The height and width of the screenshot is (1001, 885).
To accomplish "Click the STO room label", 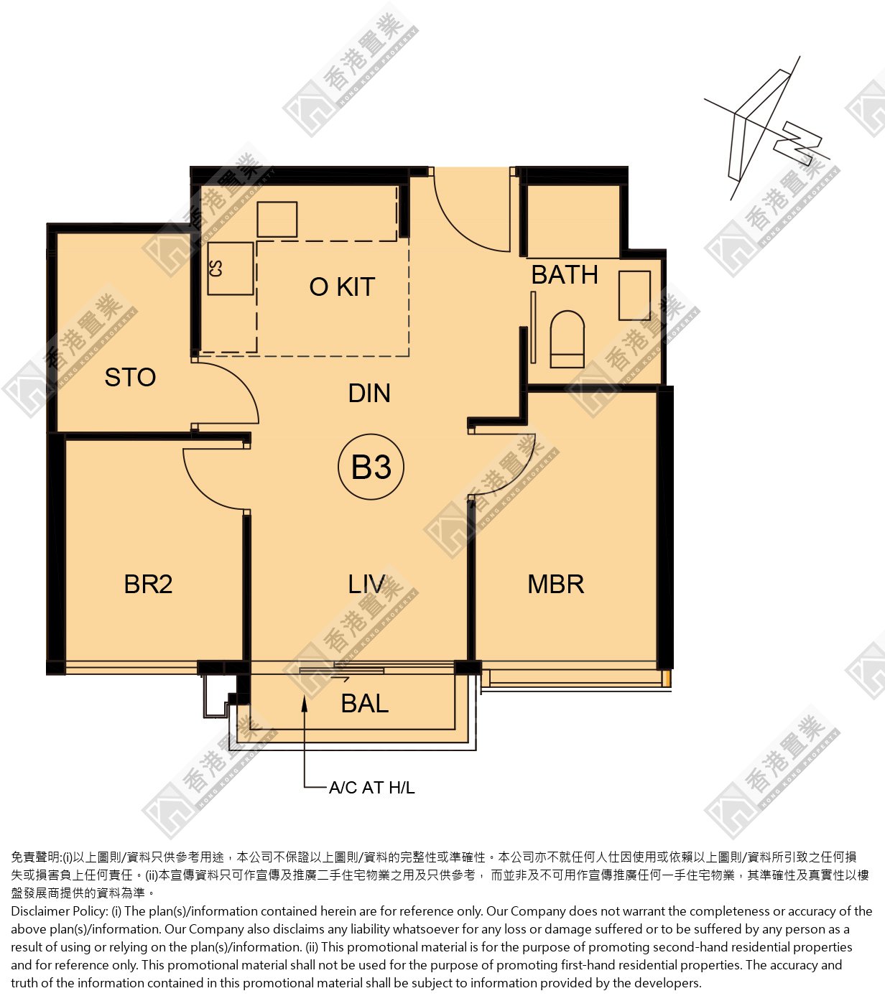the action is tap(130, 377).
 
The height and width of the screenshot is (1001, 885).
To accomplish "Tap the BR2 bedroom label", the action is tap(148, 584).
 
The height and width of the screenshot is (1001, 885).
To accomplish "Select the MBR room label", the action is tap(556, 584).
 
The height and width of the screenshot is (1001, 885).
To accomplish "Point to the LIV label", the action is tap(366, 584).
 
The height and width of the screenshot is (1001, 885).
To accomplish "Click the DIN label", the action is tap(369, 393).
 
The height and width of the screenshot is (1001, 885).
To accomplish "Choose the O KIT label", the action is tap(342, 287).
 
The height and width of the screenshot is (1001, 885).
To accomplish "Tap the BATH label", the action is tap(564, 275).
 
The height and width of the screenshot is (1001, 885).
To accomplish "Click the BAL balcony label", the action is tap(364, 703).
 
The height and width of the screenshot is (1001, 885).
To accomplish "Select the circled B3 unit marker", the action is tap(371, 467).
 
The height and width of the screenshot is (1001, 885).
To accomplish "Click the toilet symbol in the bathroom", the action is tap(567, 339).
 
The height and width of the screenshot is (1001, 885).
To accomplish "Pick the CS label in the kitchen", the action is tap(216, 269).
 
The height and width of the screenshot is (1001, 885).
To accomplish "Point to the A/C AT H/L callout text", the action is tap(372, 787).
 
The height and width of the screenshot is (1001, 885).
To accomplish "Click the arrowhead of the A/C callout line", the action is tap(305, 703).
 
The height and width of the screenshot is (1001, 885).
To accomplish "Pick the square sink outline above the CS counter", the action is tap(277, 219).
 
